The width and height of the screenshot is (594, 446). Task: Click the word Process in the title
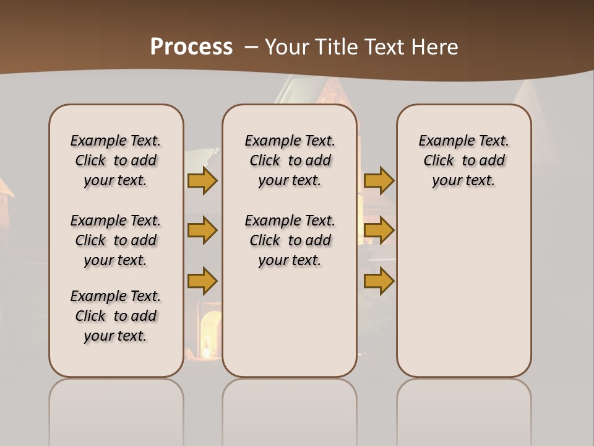(191, 47)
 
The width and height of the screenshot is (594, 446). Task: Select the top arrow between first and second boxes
(202, 180)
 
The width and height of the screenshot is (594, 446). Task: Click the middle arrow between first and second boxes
(202, 230)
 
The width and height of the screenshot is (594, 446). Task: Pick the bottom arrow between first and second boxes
(202, 280)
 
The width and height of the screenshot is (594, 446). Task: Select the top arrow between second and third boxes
(379, 180)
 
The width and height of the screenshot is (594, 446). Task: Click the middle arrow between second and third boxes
(379, 230)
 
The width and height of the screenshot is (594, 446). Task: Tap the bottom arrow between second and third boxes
(379, 280)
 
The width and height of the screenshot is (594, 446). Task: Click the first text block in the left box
(116, 160)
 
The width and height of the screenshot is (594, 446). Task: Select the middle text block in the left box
(116, 240)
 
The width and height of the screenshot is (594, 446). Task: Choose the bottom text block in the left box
(116, 316)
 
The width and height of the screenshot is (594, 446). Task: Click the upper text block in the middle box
(290, 160)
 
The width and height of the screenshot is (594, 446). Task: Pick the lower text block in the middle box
(290, 240)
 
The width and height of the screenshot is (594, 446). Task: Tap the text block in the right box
(464, 160)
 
